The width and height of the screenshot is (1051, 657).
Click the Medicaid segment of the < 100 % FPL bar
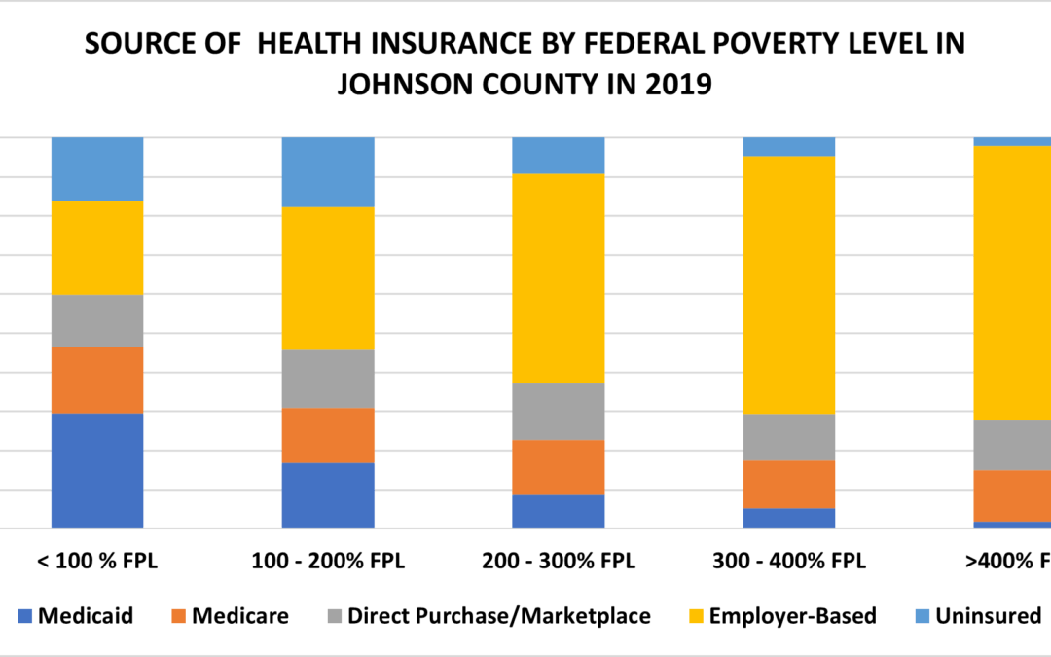[97, 470]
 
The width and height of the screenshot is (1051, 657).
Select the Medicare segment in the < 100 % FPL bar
[97, 380]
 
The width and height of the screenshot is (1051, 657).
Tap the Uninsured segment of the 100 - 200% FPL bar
[328, 172]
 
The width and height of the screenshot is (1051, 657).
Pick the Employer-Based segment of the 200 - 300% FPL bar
[559, 278]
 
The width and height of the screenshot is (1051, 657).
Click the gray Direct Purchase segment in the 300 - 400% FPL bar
[789, 437]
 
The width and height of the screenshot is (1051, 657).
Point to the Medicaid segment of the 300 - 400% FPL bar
[789, 518]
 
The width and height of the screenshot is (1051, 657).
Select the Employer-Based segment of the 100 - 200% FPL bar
[328, 278]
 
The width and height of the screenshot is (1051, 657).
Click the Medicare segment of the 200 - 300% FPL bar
[559, 467]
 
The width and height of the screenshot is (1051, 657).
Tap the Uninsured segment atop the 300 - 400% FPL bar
[789, 147]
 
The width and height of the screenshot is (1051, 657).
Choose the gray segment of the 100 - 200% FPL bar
[328, 379]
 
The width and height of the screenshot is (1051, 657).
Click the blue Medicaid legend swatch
[25, 616]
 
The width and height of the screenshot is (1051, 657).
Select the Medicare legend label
[239, 616]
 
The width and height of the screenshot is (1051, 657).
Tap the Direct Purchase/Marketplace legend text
[499, 616]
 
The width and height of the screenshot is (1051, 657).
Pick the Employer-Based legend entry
[792, 616]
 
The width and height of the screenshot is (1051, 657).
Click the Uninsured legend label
[988, 616]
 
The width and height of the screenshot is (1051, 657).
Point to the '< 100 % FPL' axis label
[97, 562]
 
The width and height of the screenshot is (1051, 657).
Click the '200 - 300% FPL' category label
[559, 562]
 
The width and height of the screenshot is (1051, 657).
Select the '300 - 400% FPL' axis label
[789, 562]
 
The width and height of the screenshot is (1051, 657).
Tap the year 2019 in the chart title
[679, 85]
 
